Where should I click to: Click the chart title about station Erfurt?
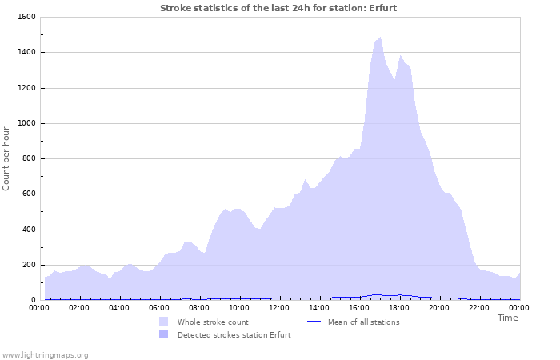point(278,8)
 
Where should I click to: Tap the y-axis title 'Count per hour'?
point(6,158)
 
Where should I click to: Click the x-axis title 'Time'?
point(507,318)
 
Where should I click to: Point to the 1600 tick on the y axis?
point(26,17)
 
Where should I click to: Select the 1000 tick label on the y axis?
point(26,123)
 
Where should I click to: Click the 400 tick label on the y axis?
point(28,230)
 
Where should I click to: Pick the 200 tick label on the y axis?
point(28,265)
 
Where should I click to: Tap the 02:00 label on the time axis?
point(79,307)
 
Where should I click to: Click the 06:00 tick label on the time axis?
point(159,307)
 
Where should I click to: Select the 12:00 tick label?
point(279,307)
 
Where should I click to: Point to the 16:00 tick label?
point(359,307)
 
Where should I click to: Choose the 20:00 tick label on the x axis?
point(439,307)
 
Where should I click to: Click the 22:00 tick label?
point(479,307)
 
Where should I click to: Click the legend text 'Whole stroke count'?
point(214,322)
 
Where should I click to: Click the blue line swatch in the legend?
point(314,322)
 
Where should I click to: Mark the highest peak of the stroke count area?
point(380,37)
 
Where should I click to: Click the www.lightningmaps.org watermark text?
point(45,354)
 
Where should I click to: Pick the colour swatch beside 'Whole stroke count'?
point(163,322)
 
